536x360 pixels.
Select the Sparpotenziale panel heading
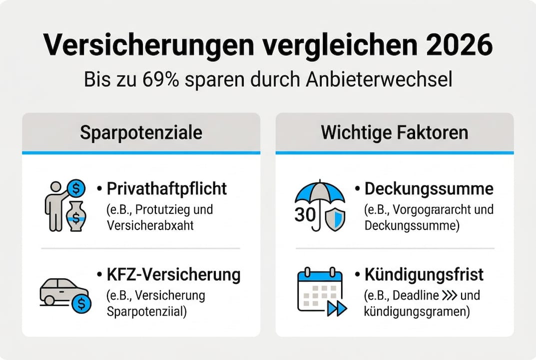141,132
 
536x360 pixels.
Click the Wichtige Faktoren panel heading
394,132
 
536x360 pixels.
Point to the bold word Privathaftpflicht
167,188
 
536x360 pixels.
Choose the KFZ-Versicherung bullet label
173,274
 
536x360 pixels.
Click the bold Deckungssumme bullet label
429,188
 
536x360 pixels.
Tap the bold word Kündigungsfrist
424,274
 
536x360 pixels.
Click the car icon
61,291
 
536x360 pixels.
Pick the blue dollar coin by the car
81,303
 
